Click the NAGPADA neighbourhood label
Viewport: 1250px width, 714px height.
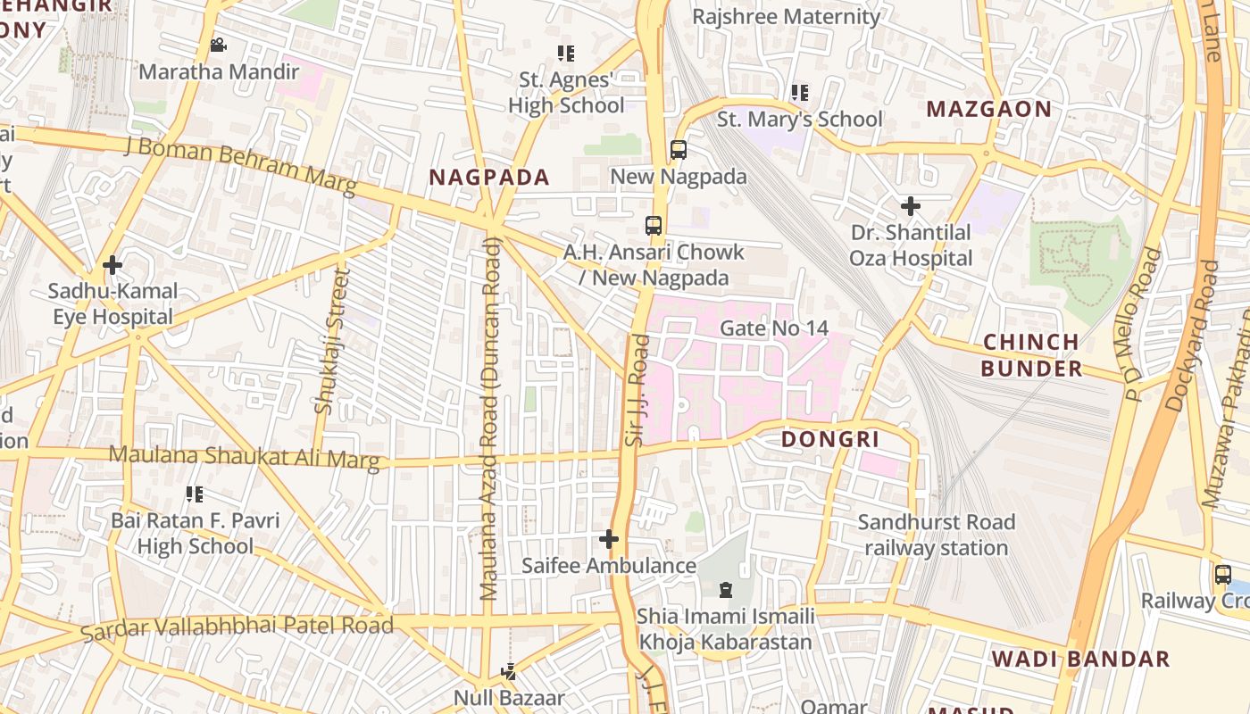point(489,177)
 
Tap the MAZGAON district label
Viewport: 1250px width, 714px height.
point(988,109)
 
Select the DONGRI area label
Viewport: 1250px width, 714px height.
point(830,439)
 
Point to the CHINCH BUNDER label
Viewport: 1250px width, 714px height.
point(1031,355)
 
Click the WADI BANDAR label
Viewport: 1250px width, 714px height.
point(1080,660)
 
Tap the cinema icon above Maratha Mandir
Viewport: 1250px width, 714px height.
point(218,45)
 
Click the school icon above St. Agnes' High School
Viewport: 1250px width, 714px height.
point(565,54)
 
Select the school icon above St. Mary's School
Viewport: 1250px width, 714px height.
point(799,93)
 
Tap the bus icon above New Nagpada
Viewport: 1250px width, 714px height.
point(679,150)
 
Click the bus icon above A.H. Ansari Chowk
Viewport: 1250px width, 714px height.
point(654,225)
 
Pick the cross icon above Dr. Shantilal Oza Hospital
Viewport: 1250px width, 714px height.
point(910,207)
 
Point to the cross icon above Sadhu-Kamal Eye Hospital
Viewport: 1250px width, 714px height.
point(112,265)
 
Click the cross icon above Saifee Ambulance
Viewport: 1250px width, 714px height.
point(609,539)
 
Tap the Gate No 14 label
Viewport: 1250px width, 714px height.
point(773,328)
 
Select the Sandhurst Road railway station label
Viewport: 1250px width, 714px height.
point(936,535)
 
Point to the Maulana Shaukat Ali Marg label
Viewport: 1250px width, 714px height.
point(244,457)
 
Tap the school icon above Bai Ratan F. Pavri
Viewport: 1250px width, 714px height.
point(195,494)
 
